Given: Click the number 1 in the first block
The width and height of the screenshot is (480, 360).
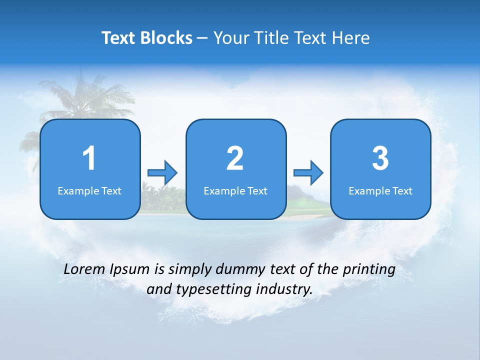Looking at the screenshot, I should pyautogui.click(x=89, y=158).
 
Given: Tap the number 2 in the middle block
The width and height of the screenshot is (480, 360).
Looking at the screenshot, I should pyautogui.click(x=235, y=158).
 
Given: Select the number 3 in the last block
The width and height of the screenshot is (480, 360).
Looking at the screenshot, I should pyautogui.click(x=380, y=158).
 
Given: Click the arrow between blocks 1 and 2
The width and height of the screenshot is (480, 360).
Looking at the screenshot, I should pyautogui.click(x=162, y=173).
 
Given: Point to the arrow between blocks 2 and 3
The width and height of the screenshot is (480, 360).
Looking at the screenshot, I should pyautogui.click(x=308, y=173).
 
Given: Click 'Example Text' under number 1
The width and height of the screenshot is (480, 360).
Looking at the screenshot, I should pyautogui.click(x=89, y=190).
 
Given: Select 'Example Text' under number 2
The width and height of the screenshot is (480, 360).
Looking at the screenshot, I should pyautogui.click(x=235, y=190).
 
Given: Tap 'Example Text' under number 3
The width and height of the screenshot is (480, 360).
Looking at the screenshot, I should pyautogui.click(x=380, y=190).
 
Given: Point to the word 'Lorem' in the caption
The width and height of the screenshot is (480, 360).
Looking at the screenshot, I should pyautogui.click(x=84, y=269).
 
